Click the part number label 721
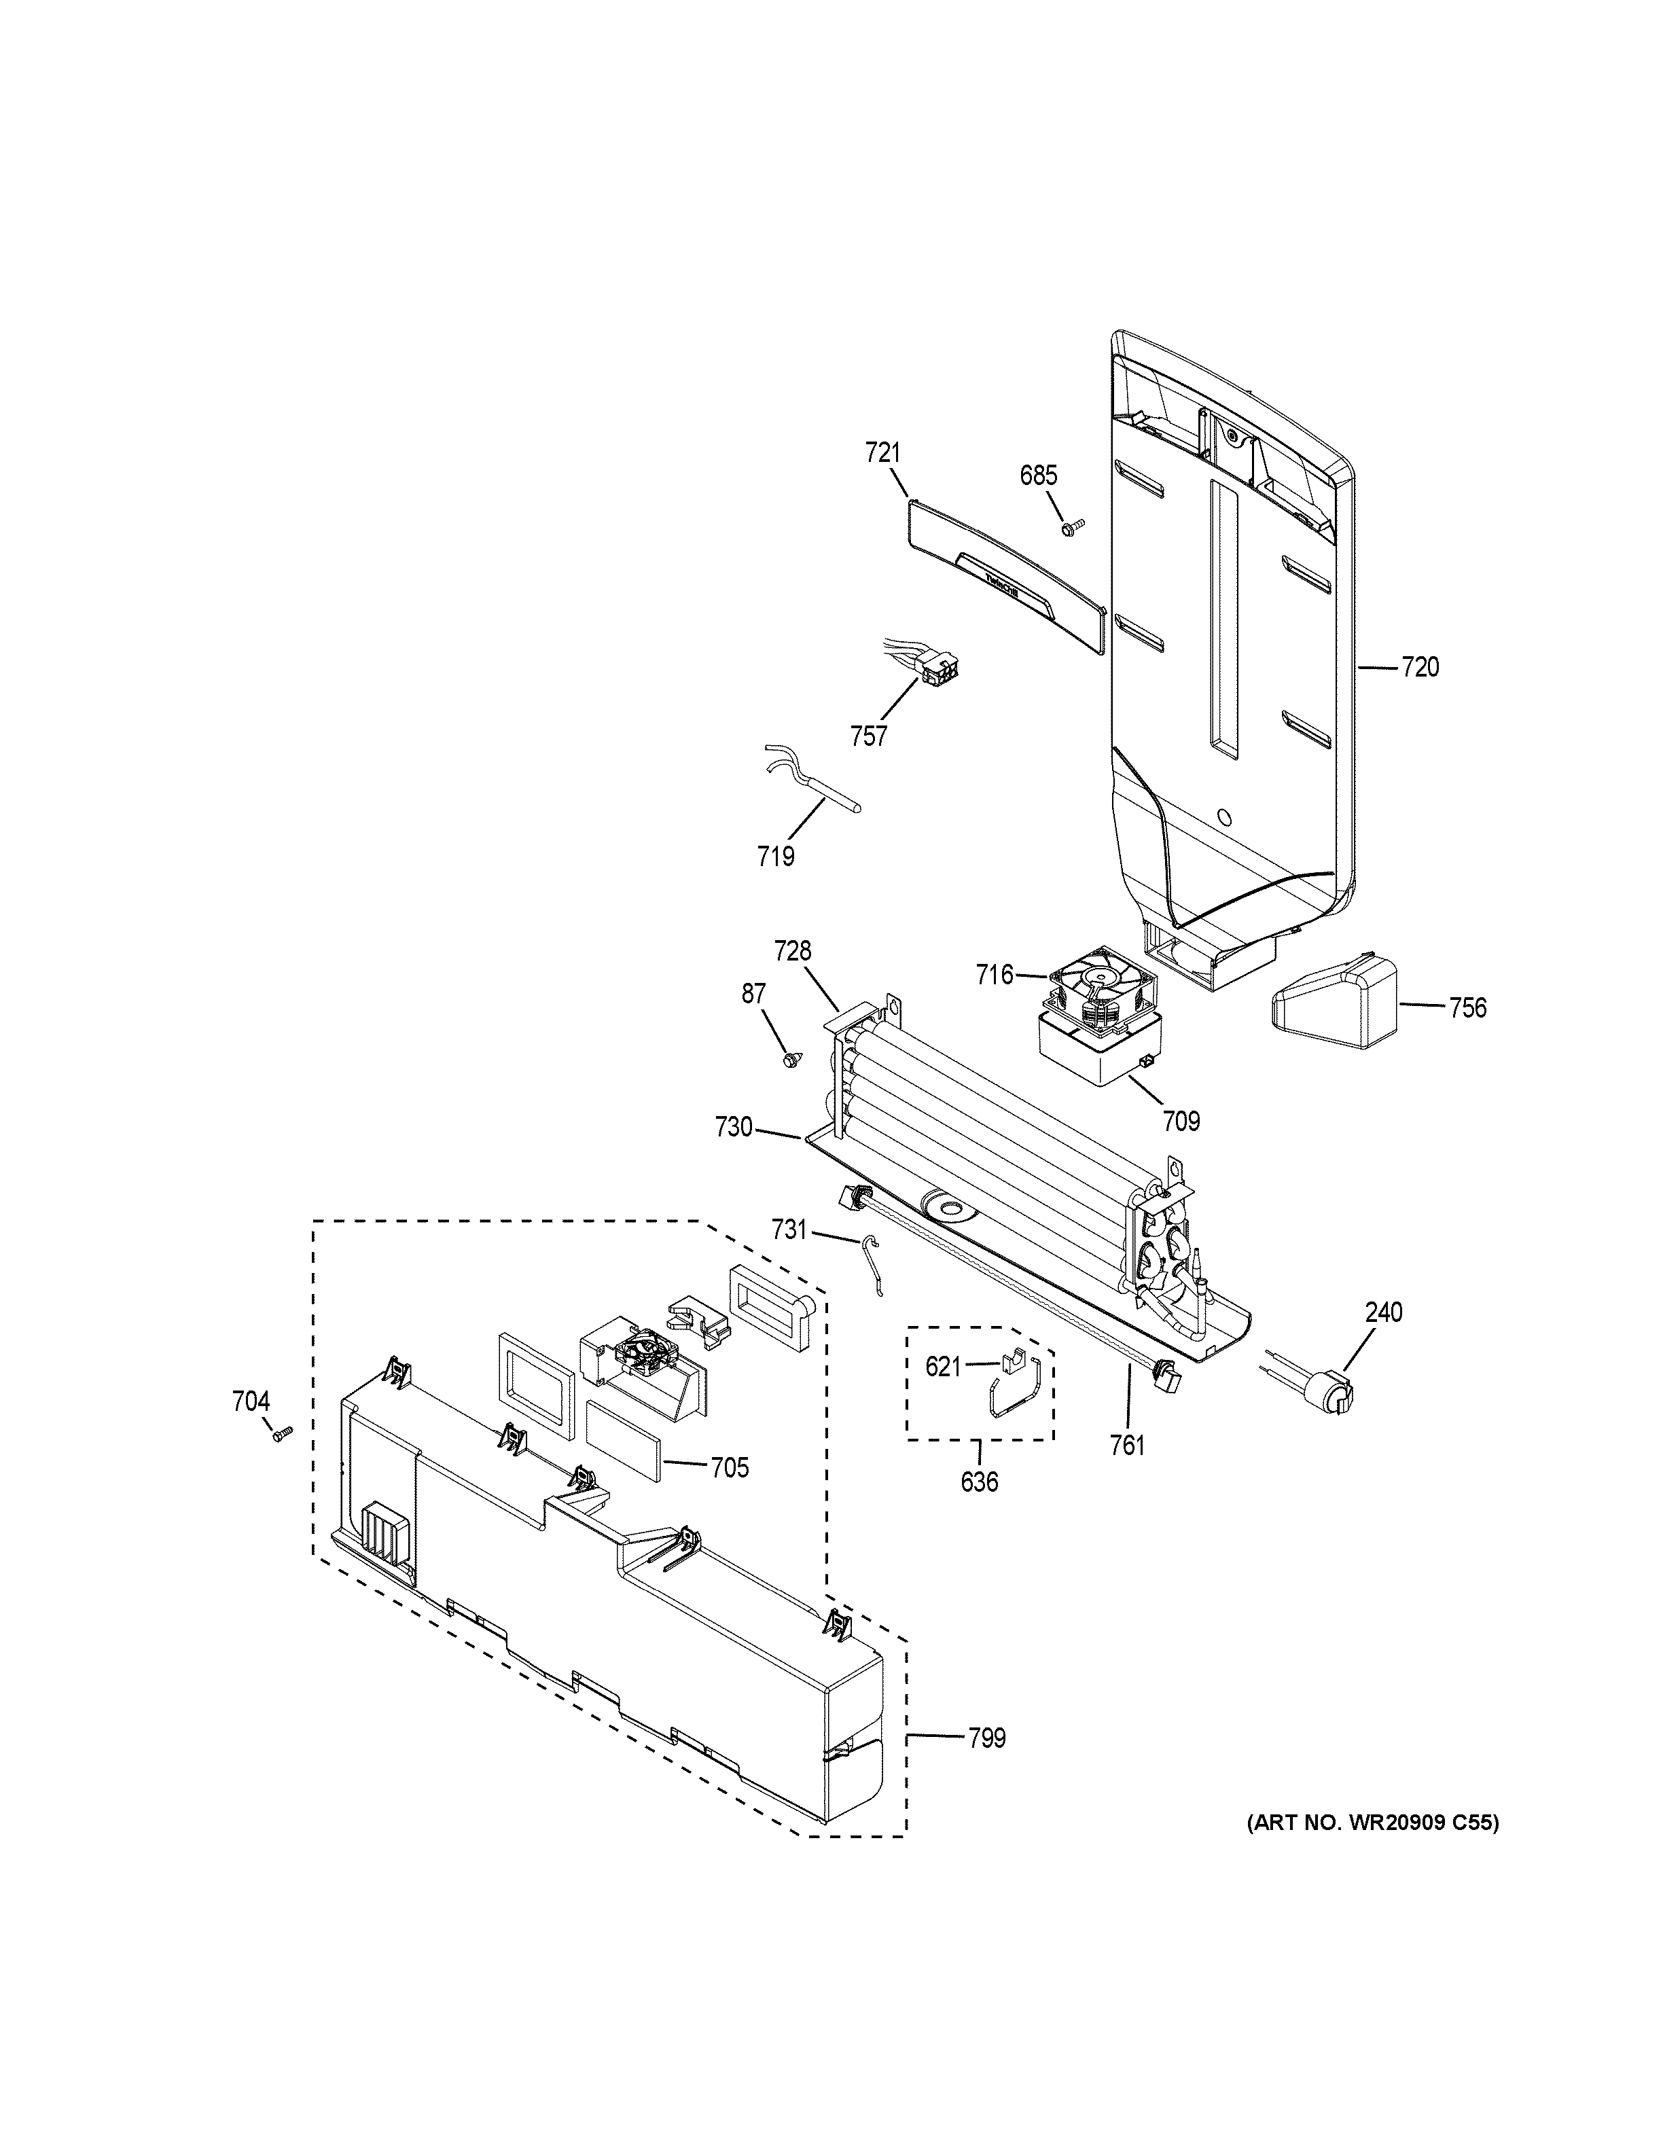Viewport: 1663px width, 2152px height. (x=882, y=453)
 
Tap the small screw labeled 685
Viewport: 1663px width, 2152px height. (x=1071, y=528)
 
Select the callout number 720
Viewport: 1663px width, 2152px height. (x=1420, y=668)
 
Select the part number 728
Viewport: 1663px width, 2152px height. (x=792, y=951)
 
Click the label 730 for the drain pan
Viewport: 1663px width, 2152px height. (x=734, y=1127)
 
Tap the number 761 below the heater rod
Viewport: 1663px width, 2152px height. (x=1128, y=1446)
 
